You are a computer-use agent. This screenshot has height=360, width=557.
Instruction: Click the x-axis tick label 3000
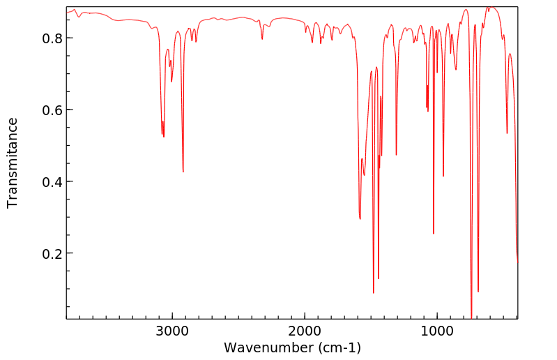(172, 331)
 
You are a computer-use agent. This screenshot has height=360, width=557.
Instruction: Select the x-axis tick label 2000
(305, 331)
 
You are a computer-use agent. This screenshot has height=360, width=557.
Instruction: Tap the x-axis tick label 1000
(437, 331)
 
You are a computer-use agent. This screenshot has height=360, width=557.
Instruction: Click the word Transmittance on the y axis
(13, 163)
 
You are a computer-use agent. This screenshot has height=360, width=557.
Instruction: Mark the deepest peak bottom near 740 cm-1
(471, 317)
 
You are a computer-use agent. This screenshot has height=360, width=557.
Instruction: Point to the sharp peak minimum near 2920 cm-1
(183, 172)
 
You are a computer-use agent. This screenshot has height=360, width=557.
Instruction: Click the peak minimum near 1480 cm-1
(374, 292)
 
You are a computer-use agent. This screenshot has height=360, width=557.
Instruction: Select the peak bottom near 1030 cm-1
(434, 233)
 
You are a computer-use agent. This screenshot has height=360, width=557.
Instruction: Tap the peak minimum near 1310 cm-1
(396, 155)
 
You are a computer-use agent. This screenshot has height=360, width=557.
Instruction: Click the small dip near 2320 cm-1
(262, 39)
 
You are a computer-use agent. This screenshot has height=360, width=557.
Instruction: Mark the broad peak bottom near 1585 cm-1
(360, 218)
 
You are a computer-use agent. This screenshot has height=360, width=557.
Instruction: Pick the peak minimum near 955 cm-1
(443, 176)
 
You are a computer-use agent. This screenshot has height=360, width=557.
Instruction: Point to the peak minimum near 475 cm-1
(507, 133)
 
